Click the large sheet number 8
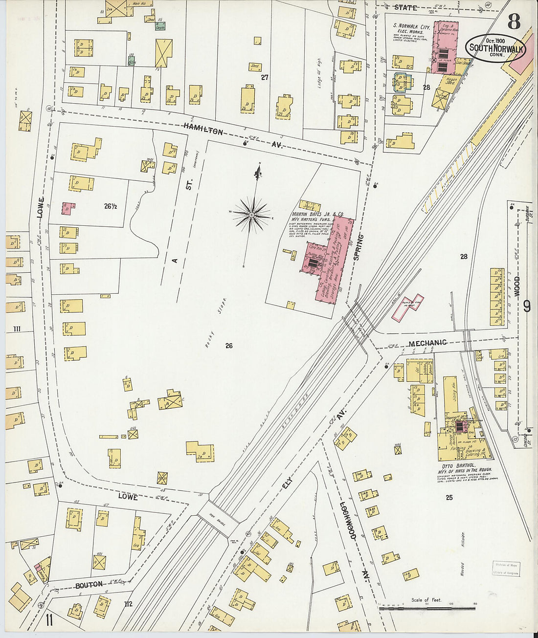pyautogui.click(x=514, y=22)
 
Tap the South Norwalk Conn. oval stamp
pyautogui.click(x=495, y=48)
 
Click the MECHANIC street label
pyautogui.click(x=427, y=343)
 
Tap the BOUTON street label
pyautogui.click(x=89, y=584)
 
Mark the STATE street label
pyautogui.click(x=405, y=7)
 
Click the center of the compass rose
pyautogui.click(x=251, y=215)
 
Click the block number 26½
pyautogui.click(x=110, y=206)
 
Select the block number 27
pyautogui.click(x=265, y=77)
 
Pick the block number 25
pyautogui.click(x=449, y=498)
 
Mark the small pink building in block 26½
pyautogui.click(x=68, y=208)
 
